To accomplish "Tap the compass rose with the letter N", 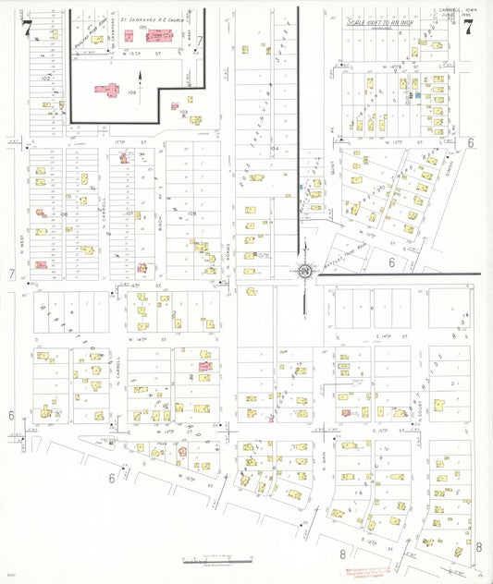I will pos(304,272).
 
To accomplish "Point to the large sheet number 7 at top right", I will pos(470,27).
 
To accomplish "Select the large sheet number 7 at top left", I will pos(27,29).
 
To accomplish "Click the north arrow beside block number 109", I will pos(141,96).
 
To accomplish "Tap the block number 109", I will pos(131,92).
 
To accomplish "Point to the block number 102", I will pos(44,79).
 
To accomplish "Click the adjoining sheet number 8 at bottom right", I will pos(479,547).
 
